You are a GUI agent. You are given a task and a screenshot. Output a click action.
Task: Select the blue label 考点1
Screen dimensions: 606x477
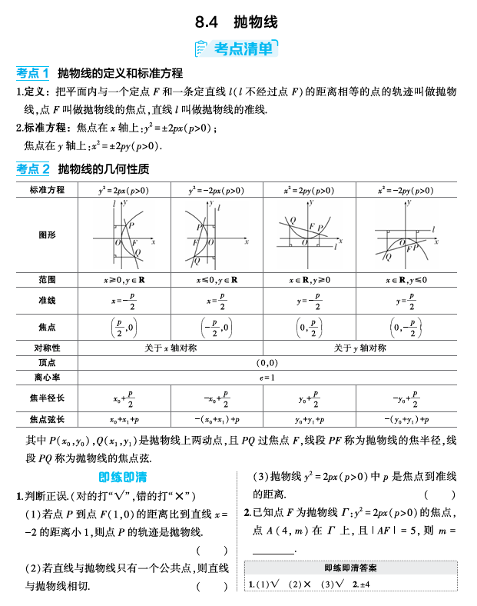click(x=32, y=73)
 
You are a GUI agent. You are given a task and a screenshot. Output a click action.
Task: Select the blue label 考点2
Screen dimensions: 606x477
click(x=32, y=168)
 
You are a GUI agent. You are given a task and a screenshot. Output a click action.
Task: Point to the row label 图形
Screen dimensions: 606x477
click(x=47, y=235)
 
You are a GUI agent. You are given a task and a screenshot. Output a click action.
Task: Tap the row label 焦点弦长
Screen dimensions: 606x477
click(x=47, y=420)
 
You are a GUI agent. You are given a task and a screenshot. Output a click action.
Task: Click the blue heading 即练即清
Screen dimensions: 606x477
click(x=123, y=476)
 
